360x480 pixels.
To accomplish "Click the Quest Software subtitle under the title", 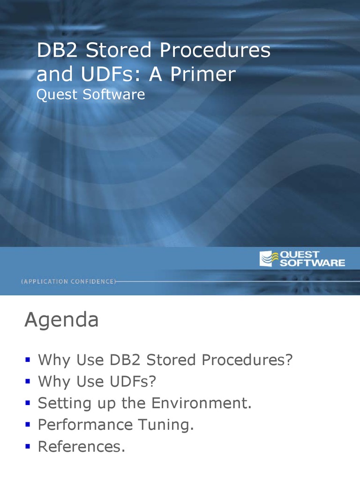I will [x=90, y=95].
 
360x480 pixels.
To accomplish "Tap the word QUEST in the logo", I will [x=300, y=255].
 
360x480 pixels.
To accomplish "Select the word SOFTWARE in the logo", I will [x=312, y=263].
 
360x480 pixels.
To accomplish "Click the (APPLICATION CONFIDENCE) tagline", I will [x=68, y=281].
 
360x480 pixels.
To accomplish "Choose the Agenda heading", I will [x=61, y=321].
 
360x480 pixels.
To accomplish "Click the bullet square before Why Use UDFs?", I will [x=28, y=382].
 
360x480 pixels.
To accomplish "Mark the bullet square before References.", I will [x=28, y=446].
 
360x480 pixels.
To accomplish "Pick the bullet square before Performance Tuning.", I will [x=28, y=425].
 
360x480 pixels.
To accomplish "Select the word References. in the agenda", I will [x=81, y=446].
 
